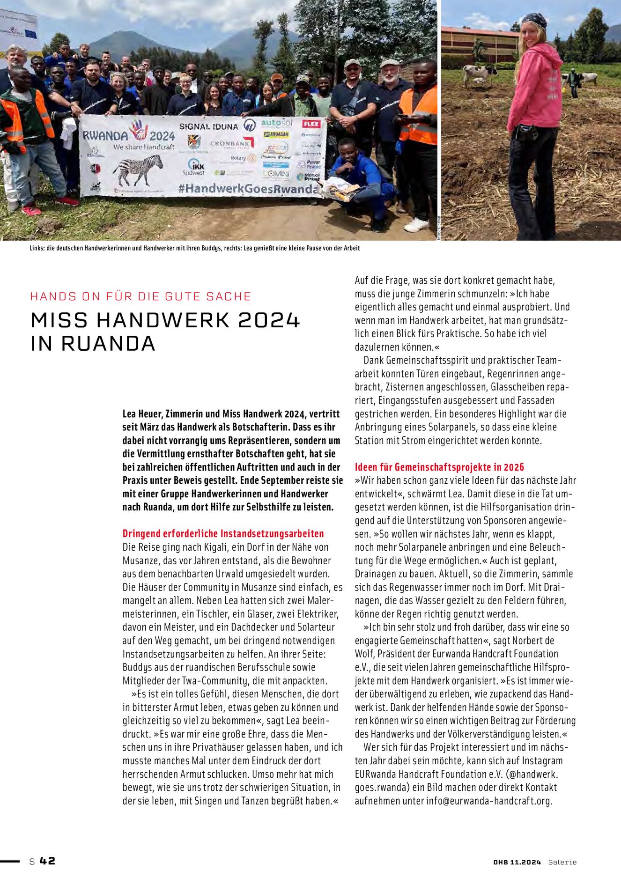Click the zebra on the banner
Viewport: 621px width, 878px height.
[138, 170]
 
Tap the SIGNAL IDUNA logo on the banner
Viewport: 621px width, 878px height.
[208, 126]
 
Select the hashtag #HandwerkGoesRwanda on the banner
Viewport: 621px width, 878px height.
[248, 189]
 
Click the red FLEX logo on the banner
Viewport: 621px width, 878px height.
[311, 124]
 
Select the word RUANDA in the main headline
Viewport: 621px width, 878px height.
[108, 344]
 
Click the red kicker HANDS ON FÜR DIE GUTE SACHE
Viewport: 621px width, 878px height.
[140, 296]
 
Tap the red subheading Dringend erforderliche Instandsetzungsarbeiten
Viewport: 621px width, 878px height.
[223, 533]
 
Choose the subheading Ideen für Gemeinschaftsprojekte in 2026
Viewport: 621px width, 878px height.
[439, 467]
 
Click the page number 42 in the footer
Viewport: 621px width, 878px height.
[47, 861]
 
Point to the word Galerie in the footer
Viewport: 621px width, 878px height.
[562, 862]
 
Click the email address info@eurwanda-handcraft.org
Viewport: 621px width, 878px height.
[489, 801]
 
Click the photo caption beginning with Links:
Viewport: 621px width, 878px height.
[194, 248]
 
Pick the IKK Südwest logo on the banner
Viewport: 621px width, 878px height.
[196, 167]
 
